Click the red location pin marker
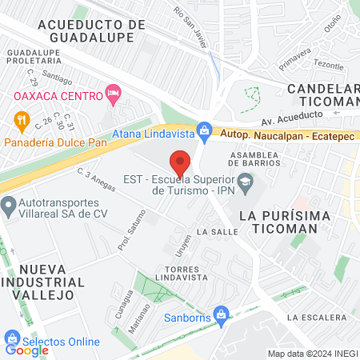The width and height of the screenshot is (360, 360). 180,162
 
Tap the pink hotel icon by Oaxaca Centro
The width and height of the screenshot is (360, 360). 114,95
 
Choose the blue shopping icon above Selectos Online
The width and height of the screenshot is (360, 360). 12,336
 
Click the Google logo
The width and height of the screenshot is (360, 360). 26,350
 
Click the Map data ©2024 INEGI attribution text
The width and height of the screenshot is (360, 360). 312,354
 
